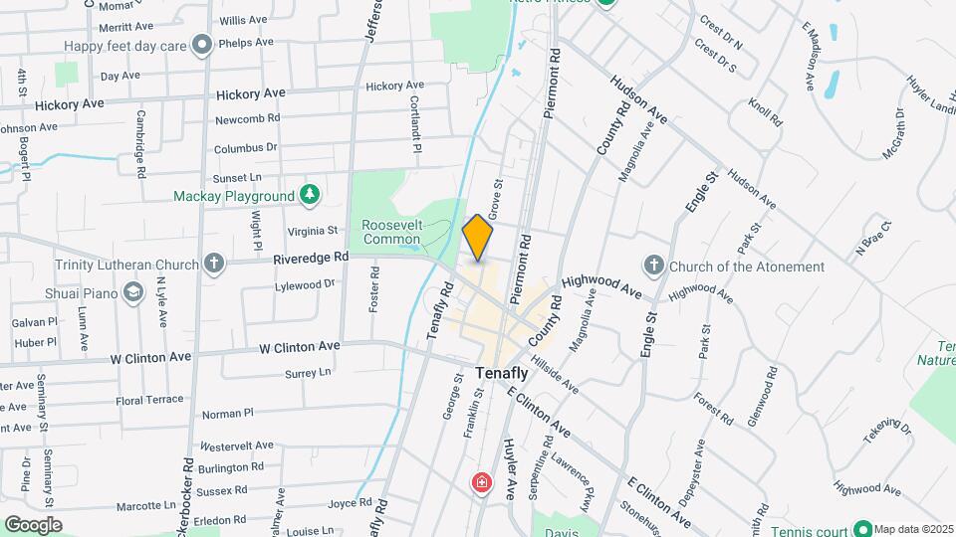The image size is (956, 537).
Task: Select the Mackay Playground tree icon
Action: (x=311, y=195)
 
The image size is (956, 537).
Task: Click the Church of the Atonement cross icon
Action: (x=653, y=266)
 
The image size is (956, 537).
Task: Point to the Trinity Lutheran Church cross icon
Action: (x=212, y=265)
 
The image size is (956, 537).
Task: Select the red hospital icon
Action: (x=482, y=484)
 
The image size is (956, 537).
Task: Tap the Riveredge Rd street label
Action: (x=312, y=257)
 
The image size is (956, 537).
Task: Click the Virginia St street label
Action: (x=314, y=230)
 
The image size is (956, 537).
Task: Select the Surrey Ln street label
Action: (x=307, y=373)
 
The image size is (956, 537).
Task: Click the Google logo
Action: (x=33, y=524)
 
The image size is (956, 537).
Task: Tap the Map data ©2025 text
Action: (x=914, y=528)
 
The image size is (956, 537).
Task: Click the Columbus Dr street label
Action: (x=245, y=148)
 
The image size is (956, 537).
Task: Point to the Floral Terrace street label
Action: (x=150, y=399)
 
